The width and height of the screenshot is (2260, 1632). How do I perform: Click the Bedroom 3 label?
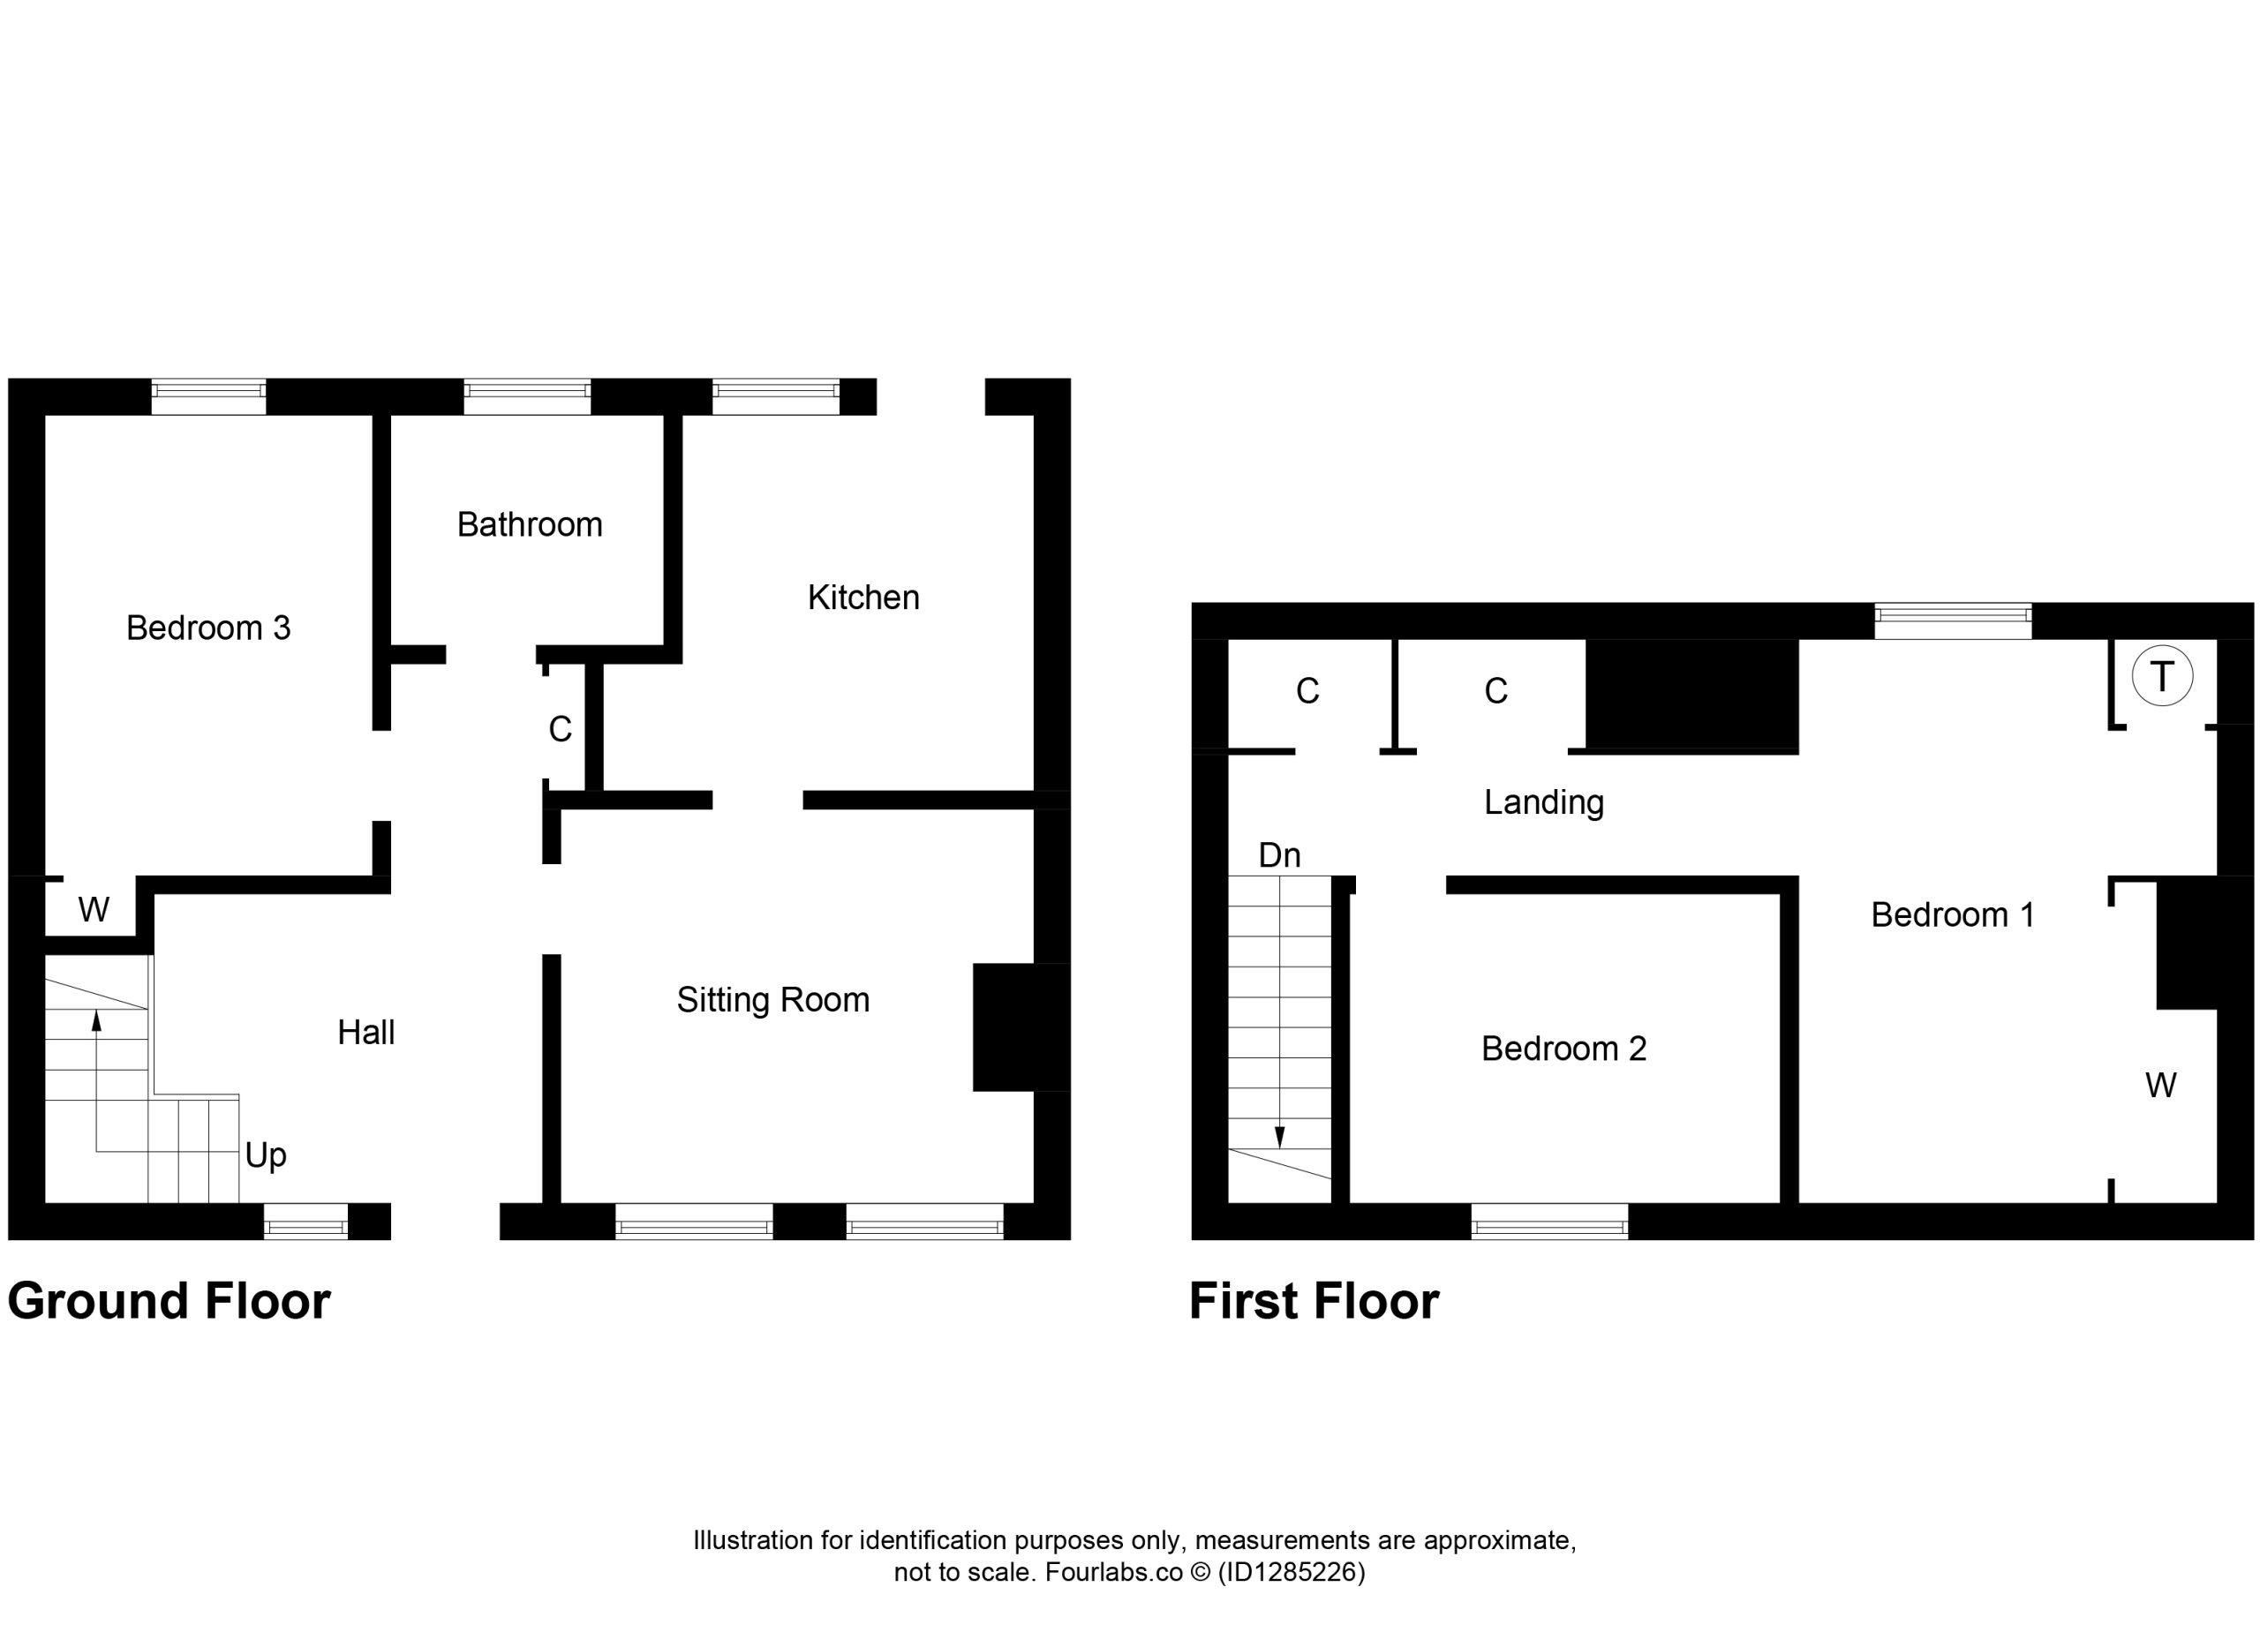[x=208, y=628]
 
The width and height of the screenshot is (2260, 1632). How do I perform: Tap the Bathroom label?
[x=529, y=524]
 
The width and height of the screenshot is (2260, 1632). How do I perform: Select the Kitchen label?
[x=863, y=597]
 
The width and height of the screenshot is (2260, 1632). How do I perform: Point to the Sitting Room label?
[x=772, y=1000]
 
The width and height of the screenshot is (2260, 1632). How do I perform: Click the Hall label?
[x=365, y=1032]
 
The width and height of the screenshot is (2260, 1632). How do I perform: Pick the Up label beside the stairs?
[x=266, y=1154]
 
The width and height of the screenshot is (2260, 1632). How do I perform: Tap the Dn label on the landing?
[x=1279, y=855]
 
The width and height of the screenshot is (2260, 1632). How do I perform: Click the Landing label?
[x=1543, y=803]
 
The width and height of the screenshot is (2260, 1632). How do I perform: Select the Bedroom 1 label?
[x=1952, y=914]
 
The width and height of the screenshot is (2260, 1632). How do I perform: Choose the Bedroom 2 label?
[x=1563, y=1049]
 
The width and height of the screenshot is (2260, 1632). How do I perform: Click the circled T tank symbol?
[x=2162, y=676]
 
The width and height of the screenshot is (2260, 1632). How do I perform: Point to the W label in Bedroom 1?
[x=2160, y=1085]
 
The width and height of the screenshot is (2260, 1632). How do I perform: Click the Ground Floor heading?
[x=169, y=1301]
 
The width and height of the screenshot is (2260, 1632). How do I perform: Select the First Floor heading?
[x=1315, y=1301]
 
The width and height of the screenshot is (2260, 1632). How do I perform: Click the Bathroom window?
[x=527, y=396]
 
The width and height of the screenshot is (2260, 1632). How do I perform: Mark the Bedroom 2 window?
[x=1549, y=1222]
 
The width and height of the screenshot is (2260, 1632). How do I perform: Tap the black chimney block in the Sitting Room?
[x=1021, y=1027]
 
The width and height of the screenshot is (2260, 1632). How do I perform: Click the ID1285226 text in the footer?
[x=1292, y=1572]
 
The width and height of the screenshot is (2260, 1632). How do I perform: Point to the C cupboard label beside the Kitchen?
[x=560, y=729]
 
